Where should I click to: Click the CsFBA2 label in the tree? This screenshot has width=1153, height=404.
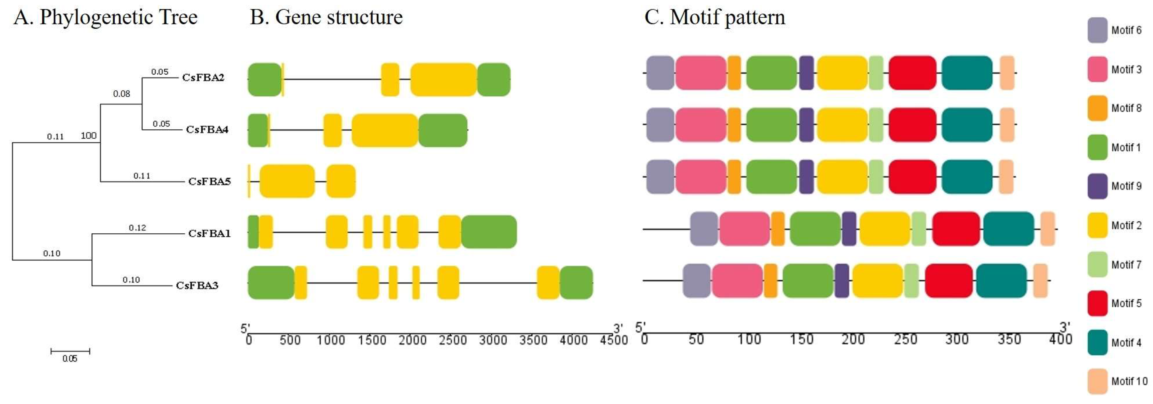[x=203, y=78]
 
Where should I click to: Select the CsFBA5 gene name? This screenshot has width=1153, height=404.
[x=209, y=181]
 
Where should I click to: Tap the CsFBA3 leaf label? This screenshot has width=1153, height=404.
[x=197, y=285]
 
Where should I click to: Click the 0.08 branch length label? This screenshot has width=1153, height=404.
[x=121, y=94]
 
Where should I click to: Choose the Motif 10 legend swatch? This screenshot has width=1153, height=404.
[x=1098, y=381]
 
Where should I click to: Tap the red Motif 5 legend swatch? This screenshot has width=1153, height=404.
[x=1098, y=303]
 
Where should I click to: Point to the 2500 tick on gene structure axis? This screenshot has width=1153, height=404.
[x=452, y=340]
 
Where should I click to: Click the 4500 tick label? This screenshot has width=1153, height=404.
[x=614, y=340]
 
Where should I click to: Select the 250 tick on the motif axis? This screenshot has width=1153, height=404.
[x=905, y=339]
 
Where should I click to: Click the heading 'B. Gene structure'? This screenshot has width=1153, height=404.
[x=326, y=18]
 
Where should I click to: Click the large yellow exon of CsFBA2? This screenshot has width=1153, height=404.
[x=443, y=80]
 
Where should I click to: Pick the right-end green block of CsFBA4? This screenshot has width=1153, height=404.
[x=443, y=130]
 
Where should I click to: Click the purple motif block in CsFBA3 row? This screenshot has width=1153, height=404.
[x=841, y=281]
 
